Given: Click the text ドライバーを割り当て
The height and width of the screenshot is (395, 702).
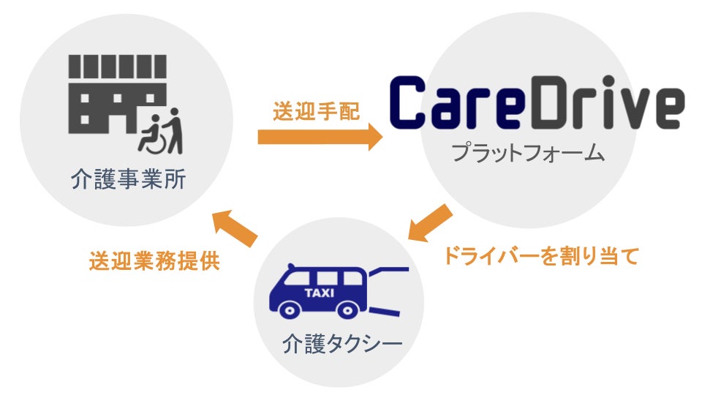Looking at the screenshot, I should (540, 257).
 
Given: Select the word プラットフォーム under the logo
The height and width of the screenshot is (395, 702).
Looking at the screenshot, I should (527, 154).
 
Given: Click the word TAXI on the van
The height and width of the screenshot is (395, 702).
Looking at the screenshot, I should (319, 293).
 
